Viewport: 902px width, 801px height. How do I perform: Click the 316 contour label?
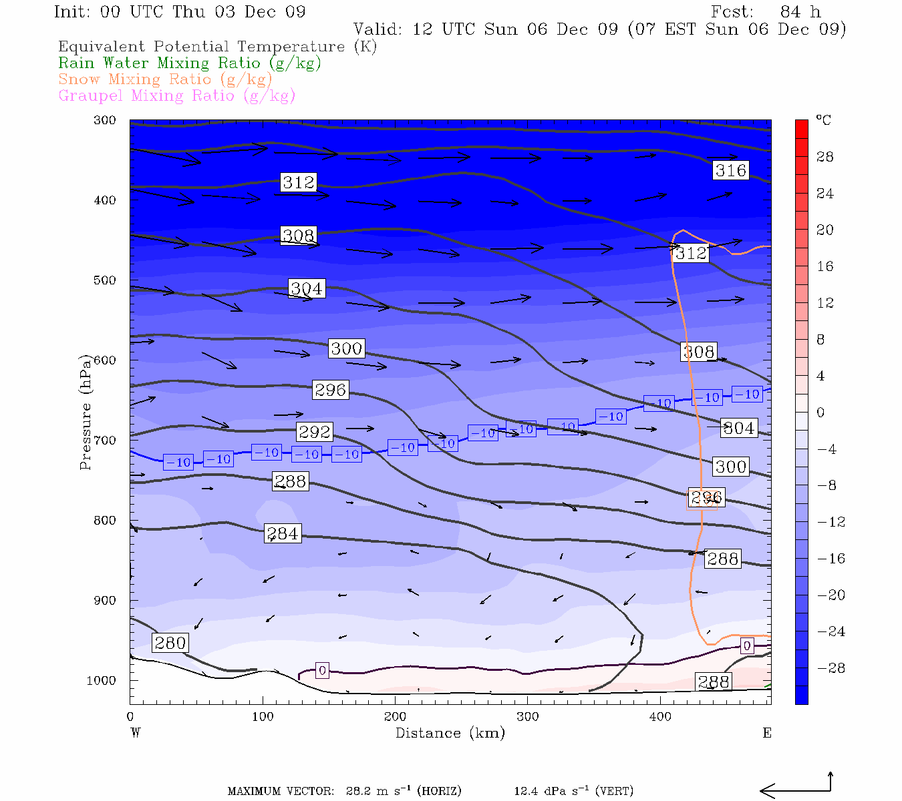(730, 170)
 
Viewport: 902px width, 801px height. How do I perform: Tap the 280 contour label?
(170, 643)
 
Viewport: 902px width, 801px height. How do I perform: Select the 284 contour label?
(283, 533)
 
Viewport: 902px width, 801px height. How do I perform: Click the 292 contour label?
(315, 432)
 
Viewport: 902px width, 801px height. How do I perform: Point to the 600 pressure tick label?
(105, 360)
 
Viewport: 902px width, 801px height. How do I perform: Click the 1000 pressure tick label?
(102, 681)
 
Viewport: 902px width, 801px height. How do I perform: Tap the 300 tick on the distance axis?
(527, 717)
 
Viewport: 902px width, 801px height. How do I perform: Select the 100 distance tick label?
(263, 717)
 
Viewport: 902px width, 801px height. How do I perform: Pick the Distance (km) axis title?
(450, 733)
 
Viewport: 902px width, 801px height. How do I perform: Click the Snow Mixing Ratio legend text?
(165, 79)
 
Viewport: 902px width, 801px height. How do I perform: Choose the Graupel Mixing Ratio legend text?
(176, 96)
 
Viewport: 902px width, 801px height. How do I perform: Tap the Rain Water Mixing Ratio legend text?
(190, 63)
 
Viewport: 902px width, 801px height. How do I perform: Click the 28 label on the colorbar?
(825, 157)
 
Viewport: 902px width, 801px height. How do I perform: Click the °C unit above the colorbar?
(823, 120)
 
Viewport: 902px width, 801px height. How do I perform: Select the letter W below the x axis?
(136, 733)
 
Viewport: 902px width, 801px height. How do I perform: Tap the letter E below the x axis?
(767, 733)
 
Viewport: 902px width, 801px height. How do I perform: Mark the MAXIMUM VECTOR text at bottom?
(281, 792)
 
